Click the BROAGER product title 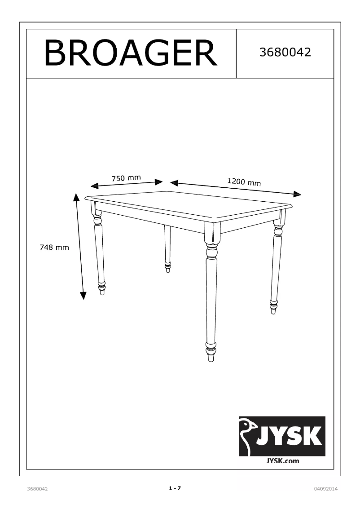[130, 53]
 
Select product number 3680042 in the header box [285, 53]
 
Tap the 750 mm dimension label [126, 178]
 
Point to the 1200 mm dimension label [244, 182]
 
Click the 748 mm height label [54, 247]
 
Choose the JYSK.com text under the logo [283, 460]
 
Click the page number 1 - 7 [175, 488]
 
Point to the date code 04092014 [326, 489]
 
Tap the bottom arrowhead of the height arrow [83, 295]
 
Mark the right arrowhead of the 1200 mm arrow [297, 194]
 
